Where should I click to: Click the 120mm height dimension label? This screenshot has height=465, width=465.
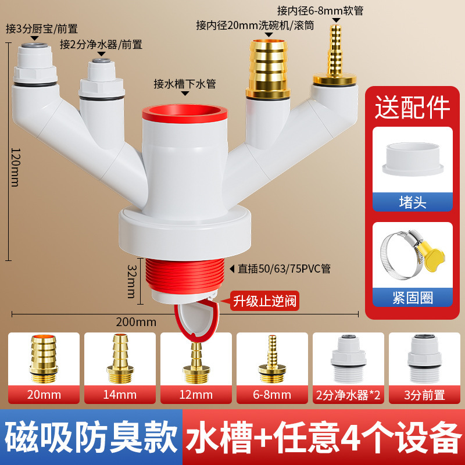pyautogui.click(x=15, y=166)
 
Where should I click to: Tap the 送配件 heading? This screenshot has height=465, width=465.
pyautogui.click(x=413, y=106)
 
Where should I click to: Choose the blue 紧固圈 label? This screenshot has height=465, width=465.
pyautogui.click(x=413, y=298)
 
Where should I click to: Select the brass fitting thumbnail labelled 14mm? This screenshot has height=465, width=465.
pyautogui.click(x=120, y=358)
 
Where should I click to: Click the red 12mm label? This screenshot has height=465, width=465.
pyautogui.click(x=196, y=396)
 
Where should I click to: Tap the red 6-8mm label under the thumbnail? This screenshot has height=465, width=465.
pyautogui.click(x=272, y=396)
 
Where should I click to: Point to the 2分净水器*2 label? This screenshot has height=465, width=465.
pyautogui.click(x=348, y=396)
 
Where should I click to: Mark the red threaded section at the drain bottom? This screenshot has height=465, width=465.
pyautogui.click(x=184, y=273)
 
